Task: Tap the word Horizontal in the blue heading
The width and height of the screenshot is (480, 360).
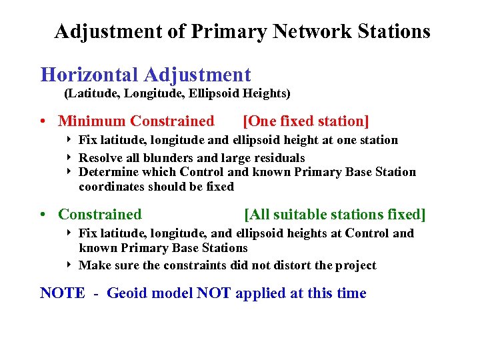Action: point(89,75)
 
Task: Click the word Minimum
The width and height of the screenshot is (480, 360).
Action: point(91,121)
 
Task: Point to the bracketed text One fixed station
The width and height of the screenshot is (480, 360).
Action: point(306,121)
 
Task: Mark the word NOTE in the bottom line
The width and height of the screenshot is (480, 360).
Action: point(63,293)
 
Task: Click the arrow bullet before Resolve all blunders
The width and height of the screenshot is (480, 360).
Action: point(69,158)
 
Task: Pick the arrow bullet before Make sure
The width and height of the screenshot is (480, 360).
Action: point(69,265)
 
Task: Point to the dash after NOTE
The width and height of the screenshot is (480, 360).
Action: point(96,294)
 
